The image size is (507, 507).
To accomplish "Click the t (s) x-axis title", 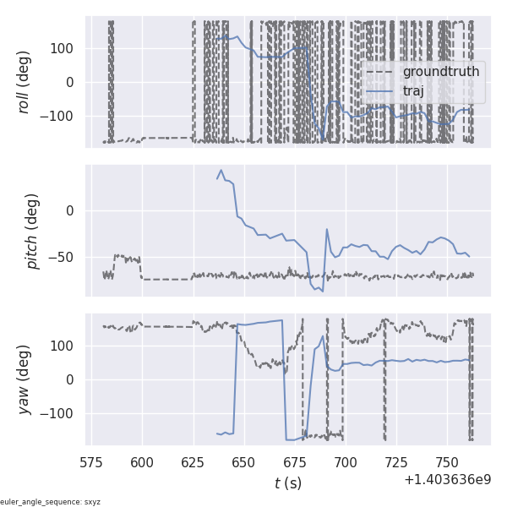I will [x=287, y=483].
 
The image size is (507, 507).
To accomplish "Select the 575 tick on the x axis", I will [x=91, y=463].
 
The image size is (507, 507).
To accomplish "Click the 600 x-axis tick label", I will [x=142, y=463].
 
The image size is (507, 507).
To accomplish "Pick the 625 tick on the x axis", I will [x=194, y=463].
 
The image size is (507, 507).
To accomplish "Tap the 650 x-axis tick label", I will [x=244, y=463].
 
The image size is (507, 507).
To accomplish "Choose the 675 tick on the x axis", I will [x=295, y=463].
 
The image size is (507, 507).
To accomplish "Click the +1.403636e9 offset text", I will [x=447, y=480].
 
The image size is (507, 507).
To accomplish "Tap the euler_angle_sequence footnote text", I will [x=51, y=502].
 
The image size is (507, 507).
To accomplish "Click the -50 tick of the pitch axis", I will [x=64, y=257].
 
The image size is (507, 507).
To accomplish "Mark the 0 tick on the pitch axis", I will [x=71, y=210].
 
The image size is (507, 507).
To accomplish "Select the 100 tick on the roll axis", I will [x=63, y=48].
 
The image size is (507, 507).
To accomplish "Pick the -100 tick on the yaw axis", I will [x=59, y=414].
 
